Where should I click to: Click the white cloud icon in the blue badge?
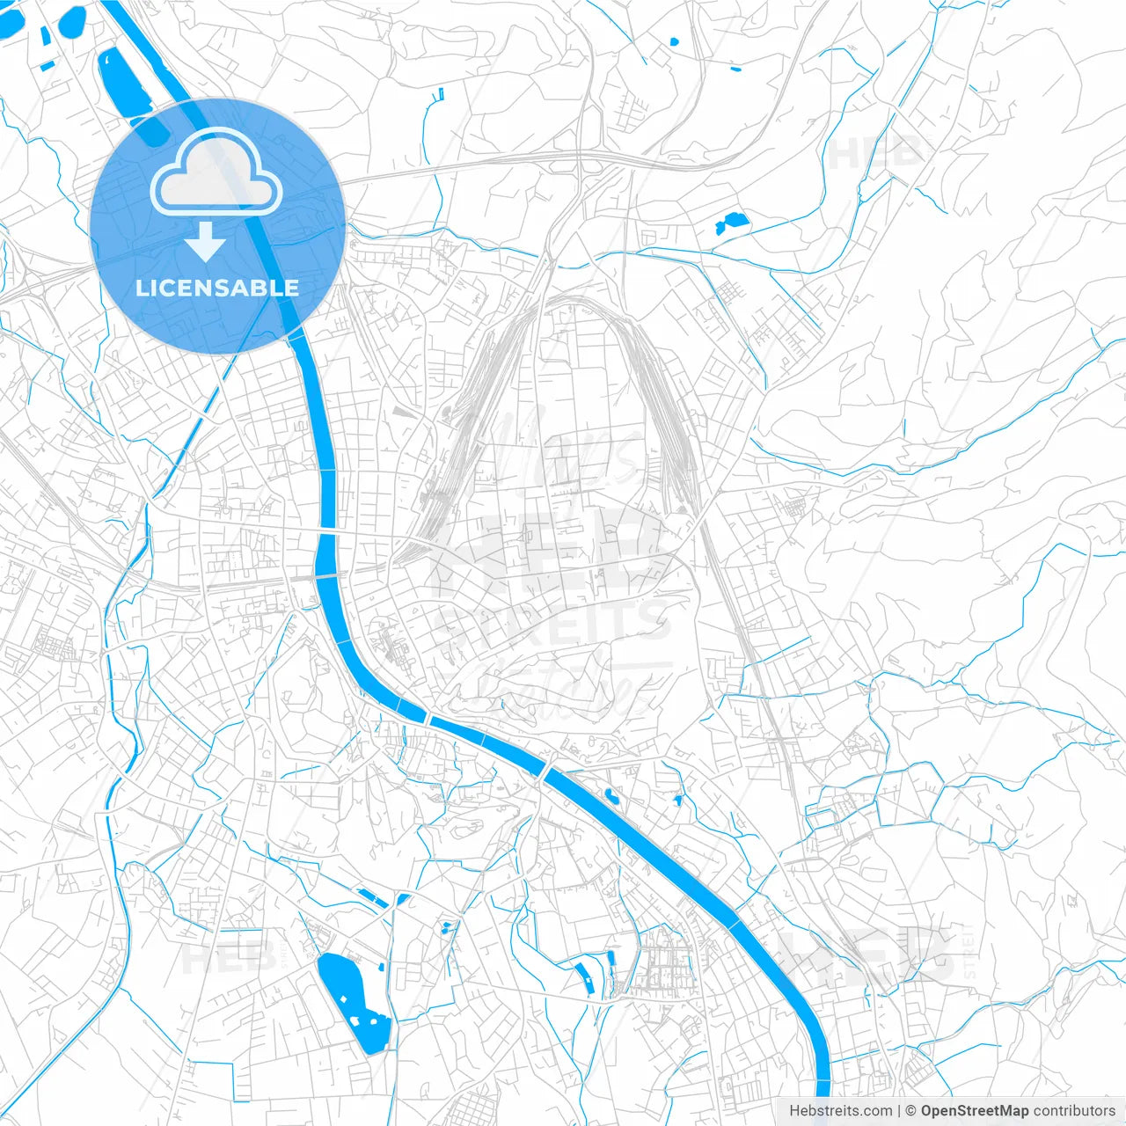[x=216, y=172]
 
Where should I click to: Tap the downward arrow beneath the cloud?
[x=206, y=241]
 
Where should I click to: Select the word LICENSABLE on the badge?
[x=217, y=288]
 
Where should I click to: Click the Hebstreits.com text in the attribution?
[x=840, y=1111]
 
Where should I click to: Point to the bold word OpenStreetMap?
[x=975, y=1111]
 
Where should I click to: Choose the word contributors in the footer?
[x=1073, y=1111]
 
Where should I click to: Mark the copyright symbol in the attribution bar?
[x=911, y=1111]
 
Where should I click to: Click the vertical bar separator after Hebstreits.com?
[x=899, y=1111]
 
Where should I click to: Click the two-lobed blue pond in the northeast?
[x=730, y=223]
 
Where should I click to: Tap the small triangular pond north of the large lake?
[x=403, y=899]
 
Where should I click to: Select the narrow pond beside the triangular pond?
[x=372, y=897]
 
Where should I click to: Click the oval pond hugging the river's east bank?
[x=611, y=797]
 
